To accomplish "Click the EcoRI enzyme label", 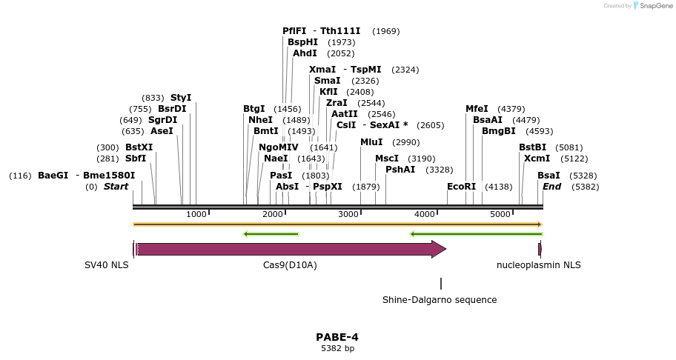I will [462, 187].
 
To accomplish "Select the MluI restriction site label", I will [371, 142].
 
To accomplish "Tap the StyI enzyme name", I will [181, 98].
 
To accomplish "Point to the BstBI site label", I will [532, 147].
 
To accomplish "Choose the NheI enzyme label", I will [260, 120].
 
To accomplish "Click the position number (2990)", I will [406, 142].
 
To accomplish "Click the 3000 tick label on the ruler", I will [348, 214].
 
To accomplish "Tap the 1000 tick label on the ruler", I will [196, 214].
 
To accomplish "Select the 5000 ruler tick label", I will [501, 214].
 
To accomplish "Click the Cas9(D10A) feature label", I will [290, 265].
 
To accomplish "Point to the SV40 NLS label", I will [107, 265].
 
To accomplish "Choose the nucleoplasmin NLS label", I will [539, 265].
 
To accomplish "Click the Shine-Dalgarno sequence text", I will [440, 300].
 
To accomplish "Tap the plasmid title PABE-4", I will [337, 337].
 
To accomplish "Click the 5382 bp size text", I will [337, 348].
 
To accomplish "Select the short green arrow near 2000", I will [271, 234].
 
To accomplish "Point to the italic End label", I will [552, 187].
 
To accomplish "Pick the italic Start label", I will [116, 187].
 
